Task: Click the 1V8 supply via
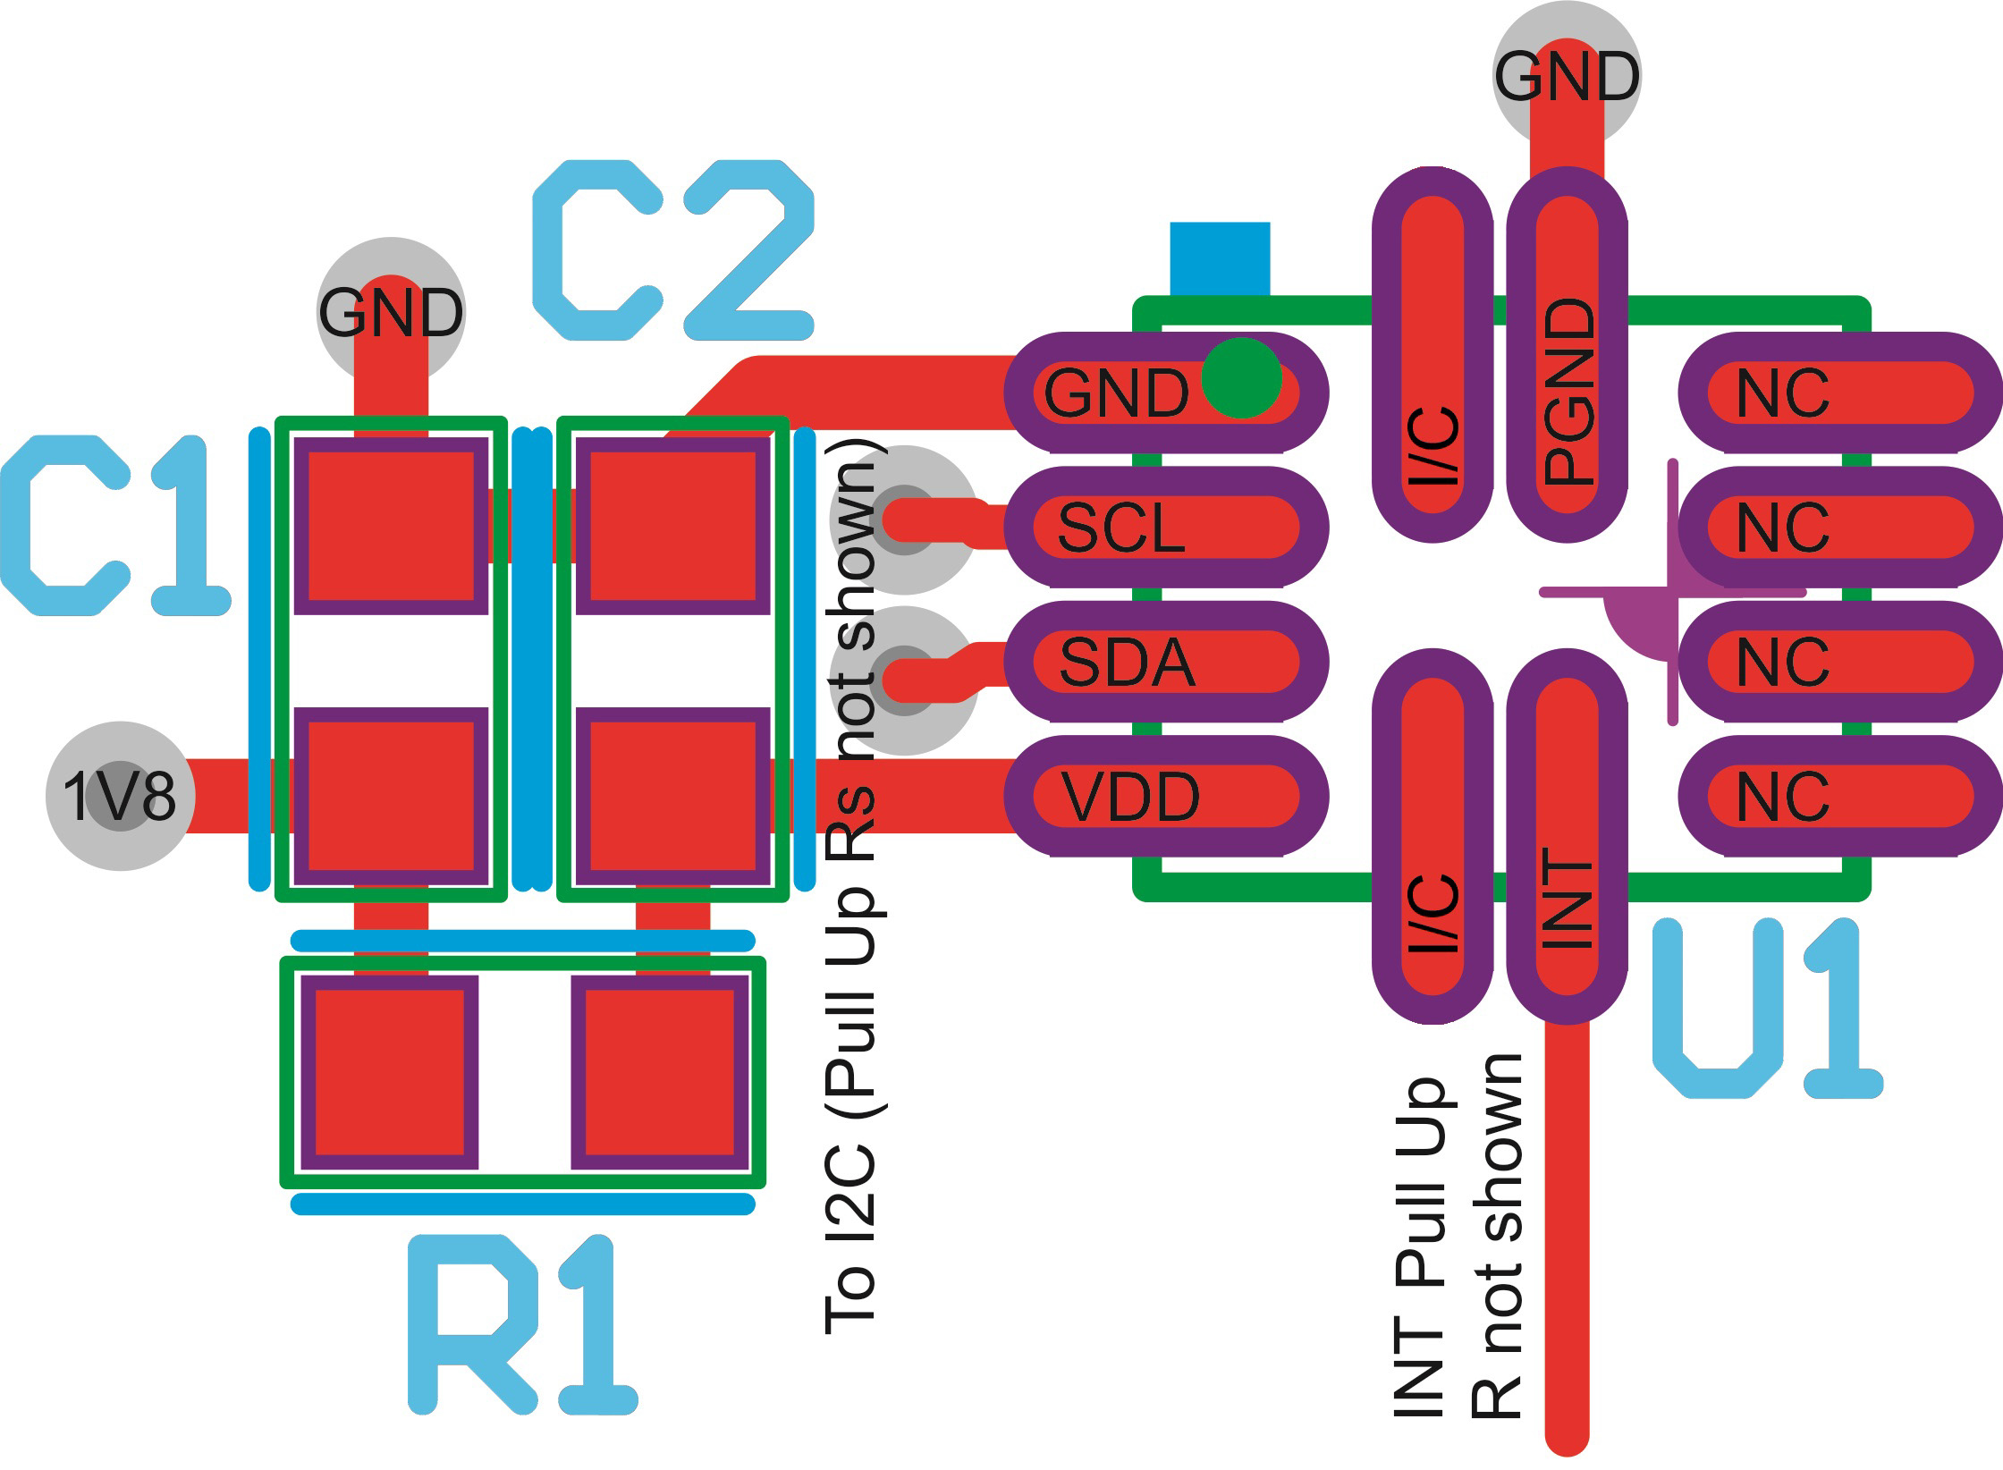[x=120, y=796]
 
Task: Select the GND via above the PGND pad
[x=1567, y=73]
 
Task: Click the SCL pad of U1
[x=1166, y=528]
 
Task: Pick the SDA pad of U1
[x=1166, y=662]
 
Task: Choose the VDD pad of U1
[x=1166, y=796]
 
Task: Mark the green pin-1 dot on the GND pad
[x=1240, y=378]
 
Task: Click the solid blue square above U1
[x=1220, y=258]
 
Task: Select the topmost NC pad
[x=1840, y=393]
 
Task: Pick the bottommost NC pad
[x=1840, y=796]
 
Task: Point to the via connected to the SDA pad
[x=903, y=681]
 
